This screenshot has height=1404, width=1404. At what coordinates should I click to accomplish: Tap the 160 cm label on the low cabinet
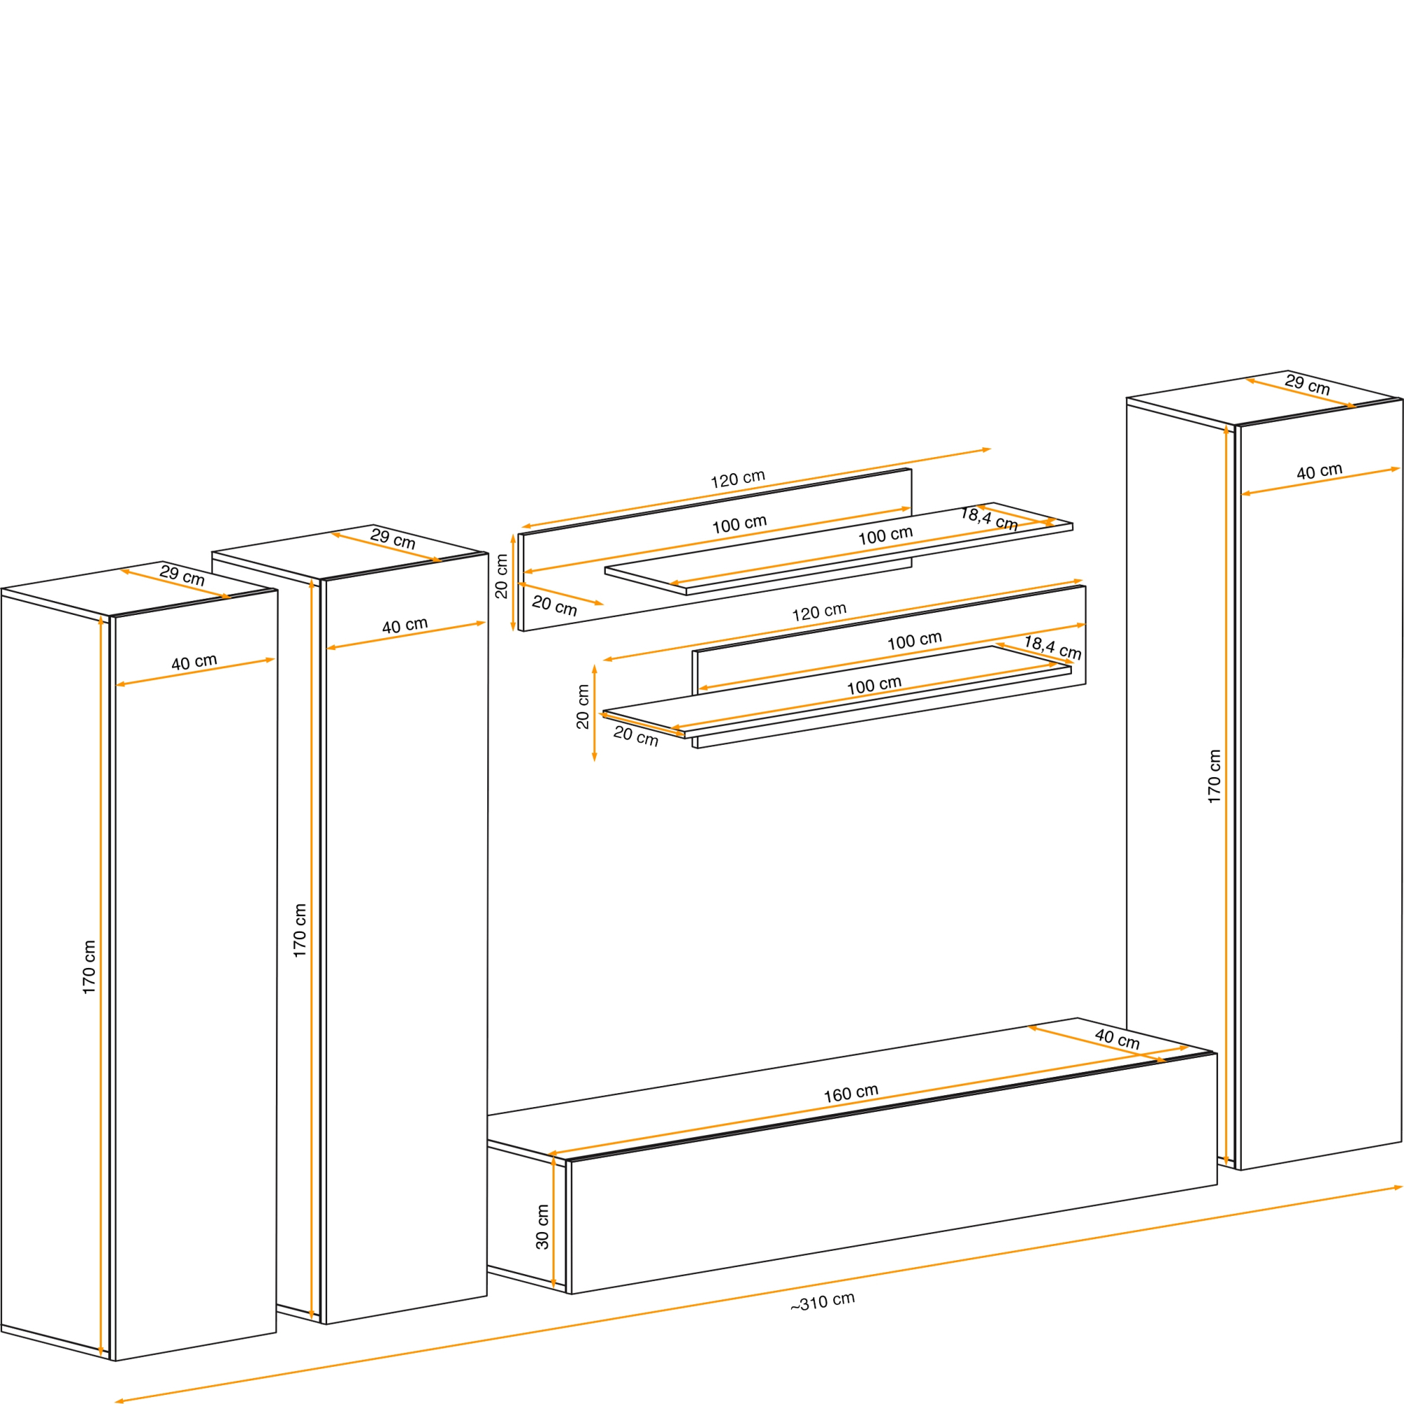click(851, 1093)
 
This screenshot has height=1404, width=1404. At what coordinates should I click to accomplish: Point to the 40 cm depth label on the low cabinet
click(1118, 1038)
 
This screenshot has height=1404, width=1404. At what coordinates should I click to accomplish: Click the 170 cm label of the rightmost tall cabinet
click(1214, 776)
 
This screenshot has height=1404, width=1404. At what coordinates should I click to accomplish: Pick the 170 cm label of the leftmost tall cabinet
click(88, 967)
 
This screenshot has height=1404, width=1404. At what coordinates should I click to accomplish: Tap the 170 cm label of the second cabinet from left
click(300, 930)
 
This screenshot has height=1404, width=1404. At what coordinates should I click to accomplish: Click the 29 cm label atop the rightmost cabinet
click(1307, 385)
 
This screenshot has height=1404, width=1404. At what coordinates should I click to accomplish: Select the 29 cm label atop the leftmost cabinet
click(183, 576)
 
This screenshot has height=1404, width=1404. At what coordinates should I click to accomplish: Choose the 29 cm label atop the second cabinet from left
click(393, 538)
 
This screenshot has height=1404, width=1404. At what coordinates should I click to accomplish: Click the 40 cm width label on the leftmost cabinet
click(194, 662)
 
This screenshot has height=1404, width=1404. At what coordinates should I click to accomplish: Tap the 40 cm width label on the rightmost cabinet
click(1320, 471)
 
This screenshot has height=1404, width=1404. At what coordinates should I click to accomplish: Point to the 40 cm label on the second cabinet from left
click(405, 625)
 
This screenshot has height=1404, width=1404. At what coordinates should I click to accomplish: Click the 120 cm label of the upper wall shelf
click(738, 478)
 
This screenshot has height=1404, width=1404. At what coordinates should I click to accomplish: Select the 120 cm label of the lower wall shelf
click(819, 612)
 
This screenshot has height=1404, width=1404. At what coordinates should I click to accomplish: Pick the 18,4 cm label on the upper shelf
click(989, 519)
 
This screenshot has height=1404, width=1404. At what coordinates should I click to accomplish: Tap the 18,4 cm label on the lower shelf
click(1053, 647)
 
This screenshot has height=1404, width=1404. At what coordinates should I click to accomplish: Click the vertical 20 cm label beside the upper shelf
click(501, 576)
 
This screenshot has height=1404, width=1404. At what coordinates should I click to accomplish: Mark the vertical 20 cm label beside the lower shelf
click(583, 706)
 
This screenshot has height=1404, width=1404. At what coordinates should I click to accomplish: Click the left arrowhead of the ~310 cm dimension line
click(119, 1401)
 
